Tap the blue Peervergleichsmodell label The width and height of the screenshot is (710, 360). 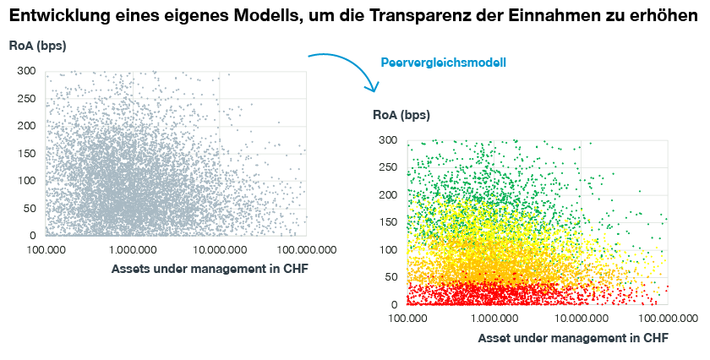point(443,63)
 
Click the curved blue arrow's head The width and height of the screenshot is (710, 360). point(372,88)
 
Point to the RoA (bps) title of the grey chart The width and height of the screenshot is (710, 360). point(37,46)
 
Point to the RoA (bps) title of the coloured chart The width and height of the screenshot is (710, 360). point(401,115)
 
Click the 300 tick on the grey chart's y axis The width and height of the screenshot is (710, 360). point(26,71)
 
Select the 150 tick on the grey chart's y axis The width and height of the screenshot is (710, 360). point(26,126)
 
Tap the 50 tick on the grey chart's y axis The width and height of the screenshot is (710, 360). point(30,208)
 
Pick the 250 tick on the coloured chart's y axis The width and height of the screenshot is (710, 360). point(389,167)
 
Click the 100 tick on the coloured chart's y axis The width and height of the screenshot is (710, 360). point(389,249)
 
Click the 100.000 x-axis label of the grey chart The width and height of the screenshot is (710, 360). point(46,250)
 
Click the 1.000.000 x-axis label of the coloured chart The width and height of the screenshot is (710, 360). point(494,319)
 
